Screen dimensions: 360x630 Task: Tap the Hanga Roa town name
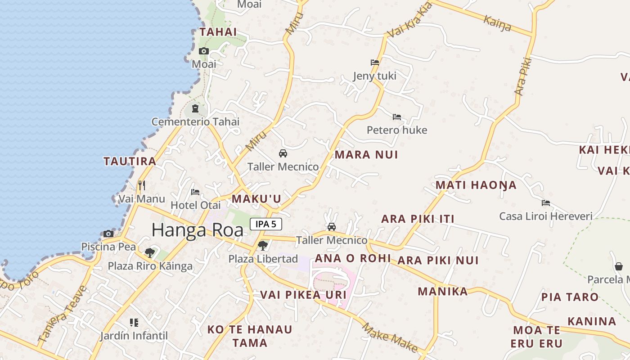(198, 230)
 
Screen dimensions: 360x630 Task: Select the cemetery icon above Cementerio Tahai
(195, 108)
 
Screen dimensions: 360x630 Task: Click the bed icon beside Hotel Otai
(195, 192)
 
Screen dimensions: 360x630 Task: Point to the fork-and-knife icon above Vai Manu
(142, 185)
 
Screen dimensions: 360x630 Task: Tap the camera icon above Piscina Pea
(108, 234)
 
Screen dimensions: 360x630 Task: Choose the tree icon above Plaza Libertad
(263, 246)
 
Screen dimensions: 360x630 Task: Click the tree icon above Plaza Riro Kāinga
(150, 252)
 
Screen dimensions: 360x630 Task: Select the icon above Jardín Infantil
(134, 322)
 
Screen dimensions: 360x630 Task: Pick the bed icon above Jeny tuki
(375, 63)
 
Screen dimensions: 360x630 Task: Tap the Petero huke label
(396, 130)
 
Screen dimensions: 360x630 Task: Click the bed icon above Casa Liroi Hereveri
(546, 203)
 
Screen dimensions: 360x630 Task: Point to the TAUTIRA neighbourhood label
(130, 161)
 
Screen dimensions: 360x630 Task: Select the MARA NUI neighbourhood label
(366, 155)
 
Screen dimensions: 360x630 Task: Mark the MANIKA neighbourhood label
(443, 291)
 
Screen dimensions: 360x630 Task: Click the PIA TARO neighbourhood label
(570, 297)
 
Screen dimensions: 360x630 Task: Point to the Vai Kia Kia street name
(409, 20)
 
